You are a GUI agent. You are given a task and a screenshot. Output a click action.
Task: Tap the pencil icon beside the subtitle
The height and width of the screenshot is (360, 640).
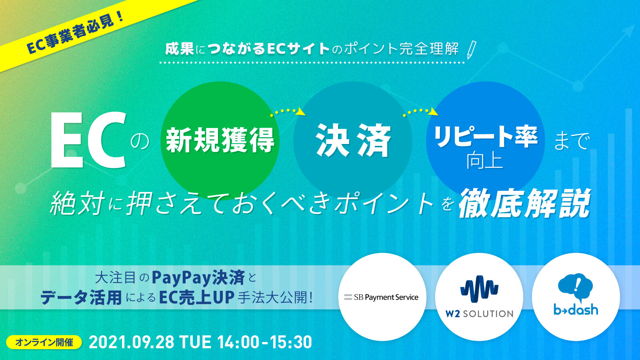point(472,50)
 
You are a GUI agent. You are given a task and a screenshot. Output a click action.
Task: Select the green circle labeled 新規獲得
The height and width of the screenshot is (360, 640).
point(220,140)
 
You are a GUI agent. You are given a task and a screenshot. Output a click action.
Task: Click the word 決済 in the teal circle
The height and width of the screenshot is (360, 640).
point(353,140)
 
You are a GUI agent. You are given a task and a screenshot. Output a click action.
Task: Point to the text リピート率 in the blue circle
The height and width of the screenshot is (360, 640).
point(486,137)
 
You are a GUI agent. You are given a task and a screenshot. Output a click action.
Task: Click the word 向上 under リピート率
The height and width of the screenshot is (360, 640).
point(484,160)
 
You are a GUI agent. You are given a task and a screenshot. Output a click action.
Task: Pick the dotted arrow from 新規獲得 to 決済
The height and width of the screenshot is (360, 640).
point(288,111)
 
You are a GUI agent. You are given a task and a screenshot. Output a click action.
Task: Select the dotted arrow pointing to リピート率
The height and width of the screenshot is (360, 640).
point(420,111)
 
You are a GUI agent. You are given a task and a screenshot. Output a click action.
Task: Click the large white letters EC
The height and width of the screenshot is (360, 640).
point(88,140)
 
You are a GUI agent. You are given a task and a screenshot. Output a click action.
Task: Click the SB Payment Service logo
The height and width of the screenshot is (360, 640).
point(382,297)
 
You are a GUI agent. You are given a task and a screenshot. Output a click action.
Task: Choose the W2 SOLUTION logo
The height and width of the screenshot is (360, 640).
point(479,297)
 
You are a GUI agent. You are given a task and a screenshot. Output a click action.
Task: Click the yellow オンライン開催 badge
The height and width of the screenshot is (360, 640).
point(44,342)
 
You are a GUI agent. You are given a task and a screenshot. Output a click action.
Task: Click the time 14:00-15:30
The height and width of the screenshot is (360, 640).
point(264,342)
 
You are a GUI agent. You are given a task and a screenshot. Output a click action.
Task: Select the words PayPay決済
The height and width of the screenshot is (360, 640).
point(198,278)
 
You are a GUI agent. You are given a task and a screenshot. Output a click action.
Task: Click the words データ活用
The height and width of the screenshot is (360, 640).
point(81,298)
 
